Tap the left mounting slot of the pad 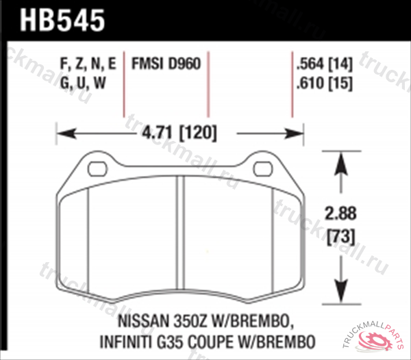click(97, 168)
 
